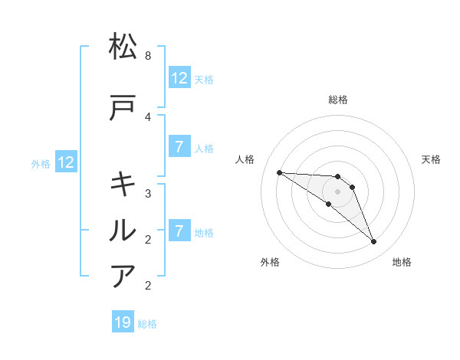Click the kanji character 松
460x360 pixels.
pos(123,47)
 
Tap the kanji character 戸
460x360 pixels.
pos(123,109)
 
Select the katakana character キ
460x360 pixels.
pos(123,185)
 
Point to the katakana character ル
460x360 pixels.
pos(123,230)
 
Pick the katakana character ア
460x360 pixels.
pos(123,276)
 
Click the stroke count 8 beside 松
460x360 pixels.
pos(148,56)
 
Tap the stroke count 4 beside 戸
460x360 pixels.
pos(148,116)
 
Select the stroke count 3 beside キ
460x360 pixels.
pos(148,193)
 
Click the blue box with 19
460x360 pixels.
pos(123,322)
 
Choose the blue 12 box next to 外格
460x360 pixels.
pos(66,162)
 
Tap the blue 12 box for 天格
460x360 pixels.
pos(179,77)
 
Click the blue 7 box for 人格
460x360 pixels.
pos(179,146)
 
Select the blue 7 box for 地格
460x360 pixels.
pos(179,231)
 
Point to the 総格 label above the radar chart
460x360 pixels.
pos(338,100)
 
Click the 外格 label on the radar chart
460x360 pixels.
pos(270,262)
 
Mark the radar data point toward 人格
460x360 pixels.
pos(279,172)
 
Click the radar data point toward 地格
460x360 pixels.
pos(374,242)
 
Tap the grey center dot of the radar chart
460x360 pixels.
pos(338,191)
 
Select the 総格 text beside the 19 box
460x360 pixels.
pos(147,324)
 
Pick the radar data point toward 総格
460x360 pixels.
pos(338,177)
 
